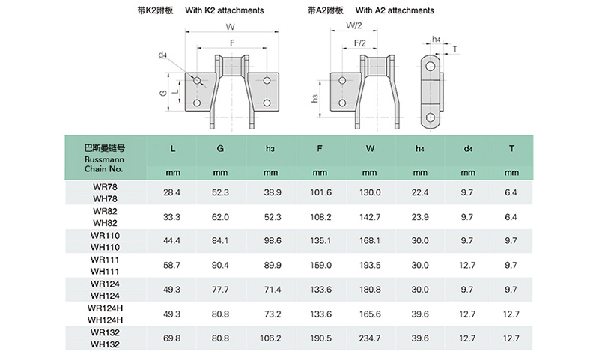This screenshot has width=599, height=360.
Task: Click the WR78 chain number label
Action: (105, 187)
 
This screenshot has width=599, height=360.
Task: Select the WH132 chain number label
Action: (105, 344)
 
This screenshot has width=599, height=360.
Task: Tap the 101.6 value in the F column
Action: (320, 192)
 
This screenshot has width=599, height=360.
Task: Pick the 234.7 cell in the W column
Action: (370, 338)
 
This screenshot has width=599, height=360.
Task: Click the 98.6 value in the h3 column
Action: (273, 241)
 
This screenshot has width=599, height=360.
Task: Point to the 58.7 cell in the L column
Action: (171, 266)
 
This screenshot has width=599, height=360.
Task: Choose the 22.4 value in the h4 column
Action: (420, 192)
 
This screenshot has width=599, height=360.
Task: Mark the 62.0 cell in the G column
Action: (220, 217)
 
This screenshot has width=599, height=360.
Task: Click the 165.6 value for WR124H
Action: (370, 314)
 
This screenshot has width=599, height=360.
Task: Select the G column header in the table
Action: (220, 148)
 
